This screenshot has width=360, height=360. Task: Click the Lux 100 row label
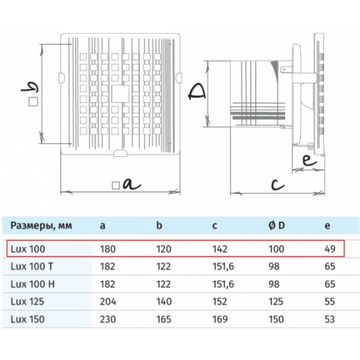pos(28,249)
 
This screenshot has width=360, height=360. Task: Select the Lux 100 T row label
pos(32,266)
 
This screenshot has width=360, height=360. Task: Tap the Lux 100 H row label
pos(32,284)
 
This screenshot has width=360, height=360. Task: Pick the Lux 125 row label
pos(27,302)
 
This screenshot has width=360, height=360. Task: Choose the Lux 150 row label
pos(27,320)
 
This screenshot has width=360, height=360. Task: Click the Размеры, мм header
pos(41,226)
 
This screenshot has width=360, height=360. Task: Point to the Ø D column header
pos(276,225)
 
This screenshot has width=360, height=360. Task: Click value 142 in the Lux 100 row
pos(220,249)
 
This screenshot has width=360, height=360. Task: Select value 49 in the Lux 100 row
pos(330,249)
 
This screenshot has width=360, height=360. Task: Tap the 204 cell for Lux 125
pos(108,302)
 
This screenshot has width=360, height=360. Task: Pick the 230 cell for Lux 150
pos(108,320)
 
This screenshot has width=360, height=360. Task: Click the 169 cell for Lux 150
pos(220,320)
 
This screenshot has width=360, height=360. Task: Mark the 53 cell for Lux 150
pos(330,320)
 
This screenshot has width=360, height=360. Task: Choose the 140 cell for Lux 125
pos(164,302)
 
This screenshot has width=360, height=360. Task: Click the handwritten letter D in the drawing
pos(197,91)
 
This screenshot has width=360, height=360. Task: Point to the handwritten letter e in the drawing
pos(310,160)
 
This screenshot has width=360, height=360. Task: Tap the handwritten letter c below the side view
pos(278,184)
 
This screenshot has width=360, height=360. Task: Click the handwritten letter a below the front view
pos(131,184)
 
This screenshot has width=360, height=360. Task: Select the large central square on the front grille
pos(120,94)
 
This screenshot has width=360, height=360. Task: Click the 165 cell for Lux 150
pos(163,320)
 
